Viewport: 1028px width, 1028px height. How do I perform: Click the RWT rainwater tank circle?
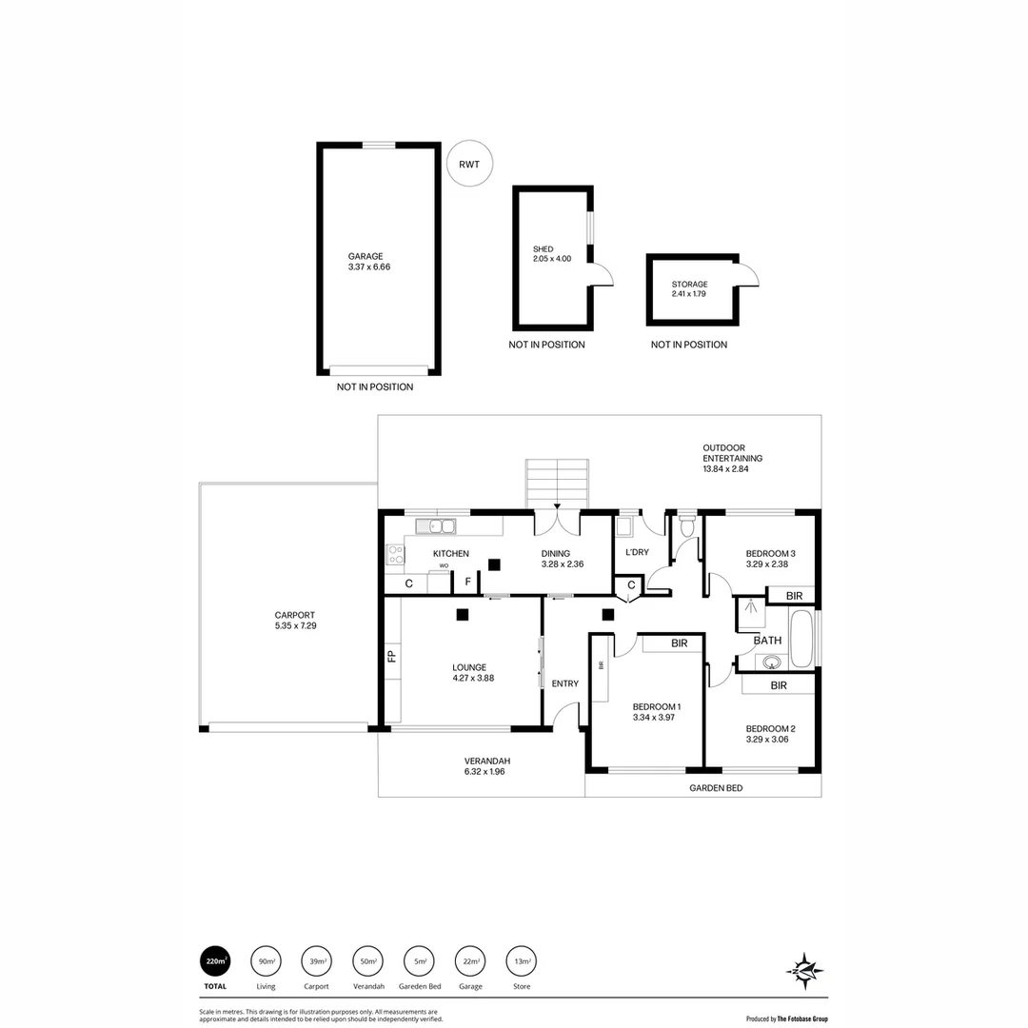pyautogui.click(x=469, y=164)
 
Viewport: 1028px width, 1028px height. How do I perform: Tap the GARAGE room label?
pyautogui.click(x=366, y=256)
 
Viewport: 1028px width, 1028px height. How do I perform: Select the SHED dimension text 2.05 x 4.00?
pyautogui.click(x=552, y=259)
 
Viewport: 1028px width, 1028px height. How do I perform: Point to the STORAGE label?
pyautogui.click(x=689, y=285)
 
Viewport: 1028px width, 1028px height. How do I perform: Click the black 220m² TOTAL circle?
pyautogui.click(x=215, y=961)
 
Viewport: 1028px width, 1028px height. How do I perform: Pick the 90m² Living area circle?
pyautogui.click(x=266, y=961)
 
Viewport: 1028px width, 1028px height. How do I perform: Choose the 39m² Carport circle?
pyautogui.click(x=316, y=961)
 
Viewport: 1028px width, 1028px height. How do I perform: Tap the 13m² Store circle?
pyautogui.click(x=521, y=961)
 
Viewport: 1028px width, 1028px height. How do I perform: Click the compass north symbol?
pyautogui.click(x=804, y=971)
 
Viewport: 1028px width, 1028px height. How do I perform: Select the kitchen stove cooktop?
pyautogui.click(x=395, y=554)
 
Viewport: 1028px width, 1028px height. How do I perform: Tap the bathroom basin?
pyautogui.click(x=772, y=662)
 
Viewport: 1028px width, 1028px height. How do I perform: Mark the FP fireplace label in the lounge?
pyautogui.click(x=390, y=656)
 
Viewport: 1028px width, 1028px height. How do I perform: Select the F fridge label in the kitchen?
pyautogui.click(x=467, y=583)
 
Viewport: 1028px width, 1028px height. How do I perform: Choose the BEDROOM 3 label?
pyautogui.click(x=770, y=554)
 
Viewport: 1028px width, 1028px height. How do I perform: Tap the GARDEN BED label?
pyautogui.click(x=716, y=788)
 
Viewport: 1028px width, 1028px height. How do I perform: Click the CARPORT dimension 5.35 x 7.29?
pyautogui.click(x=294, y=626)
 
